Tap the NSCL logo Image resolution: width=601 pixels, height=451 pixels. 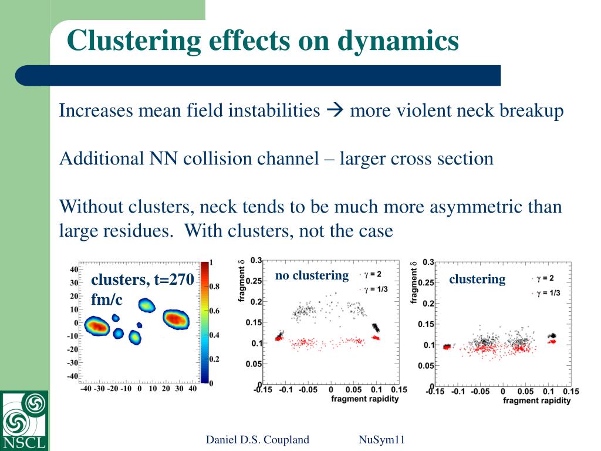pos(24,420)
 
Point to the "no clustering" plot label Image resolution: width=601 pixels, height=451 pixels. pos(312,275)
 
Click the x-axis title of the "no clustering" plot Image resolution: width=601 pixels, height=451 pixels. pos(364,399)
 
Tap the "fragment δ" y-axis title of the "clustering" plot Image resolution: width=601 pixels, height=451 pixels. pos(414,282)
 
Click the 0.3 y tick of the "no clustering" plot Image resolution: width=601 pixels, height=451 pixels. pos(256,260)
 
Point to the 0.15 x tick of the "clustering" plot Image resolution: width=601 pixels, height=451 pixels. pos(570,392)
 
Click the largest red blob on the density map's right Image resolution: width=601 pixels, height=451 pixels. pos(175,319)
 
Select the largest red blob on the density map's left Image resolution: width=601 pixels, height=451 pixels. pos(97,326)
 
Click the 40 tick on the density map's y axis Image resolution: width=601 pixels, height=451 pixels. pos(74,270)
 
